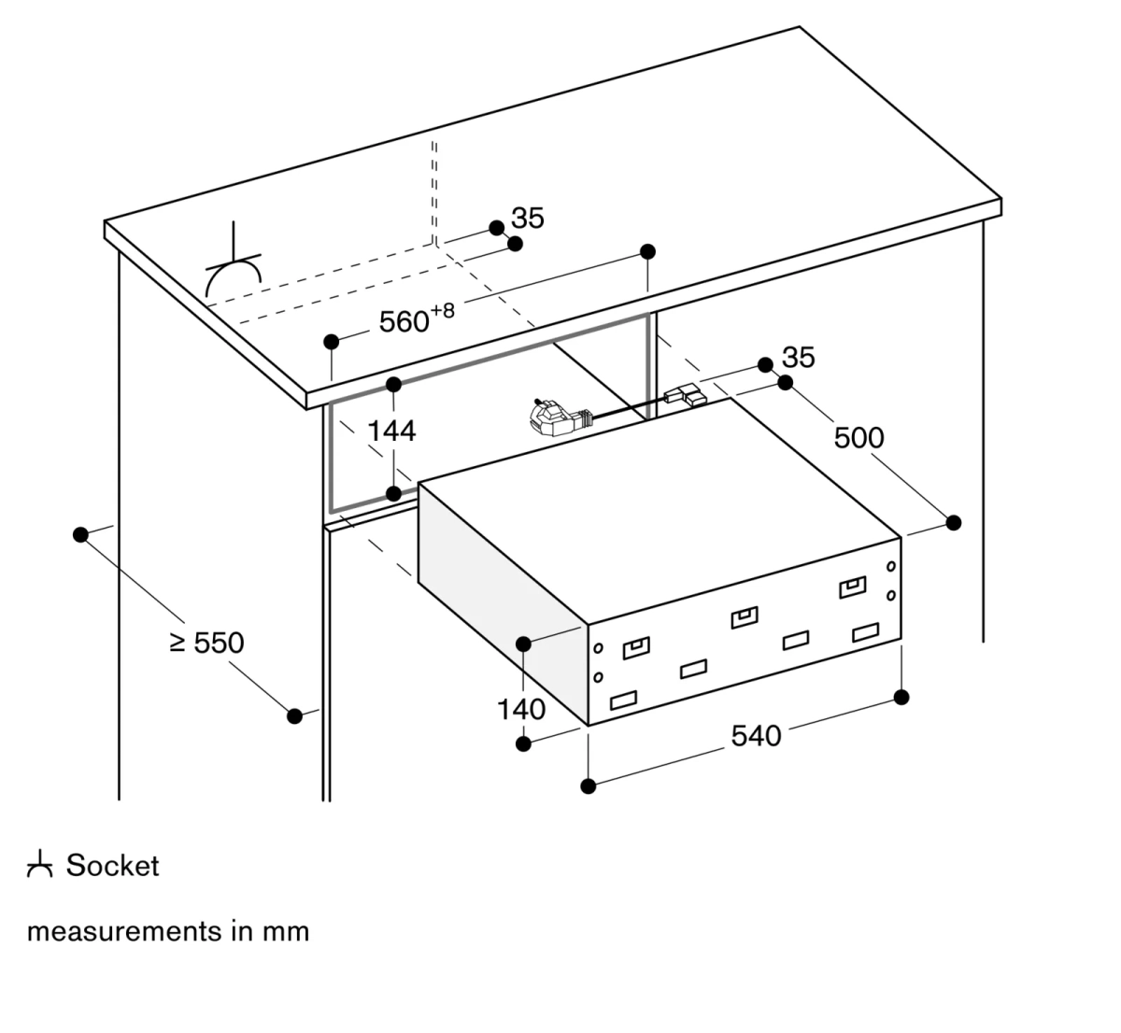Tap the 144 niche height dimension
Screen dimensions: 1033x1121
pos(391,431)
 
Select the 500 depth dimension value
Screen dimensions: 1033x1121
pos(858,437)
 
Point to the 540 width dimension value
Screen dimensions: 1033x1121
pos(755,736)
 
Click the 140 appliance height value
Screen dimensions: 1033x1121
pos(520,710)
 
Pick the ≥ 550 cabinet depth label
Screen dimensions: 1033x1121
pos(207,643)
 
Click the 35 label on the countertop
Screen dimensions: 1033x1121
pos(528,219)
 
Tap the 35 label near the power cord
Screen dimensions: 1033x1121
pos(798,357)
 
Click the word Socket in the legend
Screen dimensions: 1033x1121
pos(112,866)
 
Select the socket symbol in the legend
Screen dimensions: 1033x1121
pos(38,866)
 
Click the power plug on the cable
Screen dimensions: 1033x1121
pos(551,417)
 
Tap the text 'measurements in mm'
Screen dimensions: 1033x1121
pos(168,931)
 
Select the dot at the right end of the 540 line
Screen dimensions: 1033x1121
pos(901,697)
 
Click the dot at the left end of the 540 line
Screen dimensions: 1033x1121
pos(588,785)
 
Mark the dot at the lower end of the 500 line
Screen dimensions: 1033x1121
pos(953,522)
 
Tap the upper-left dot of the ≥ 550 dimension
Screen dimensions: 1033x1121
pos(80,534)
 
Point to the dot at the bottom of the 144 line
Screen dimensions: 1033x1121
pos(394,492)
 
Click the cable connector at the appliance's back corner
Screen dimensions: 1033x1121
pos(687,396)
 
